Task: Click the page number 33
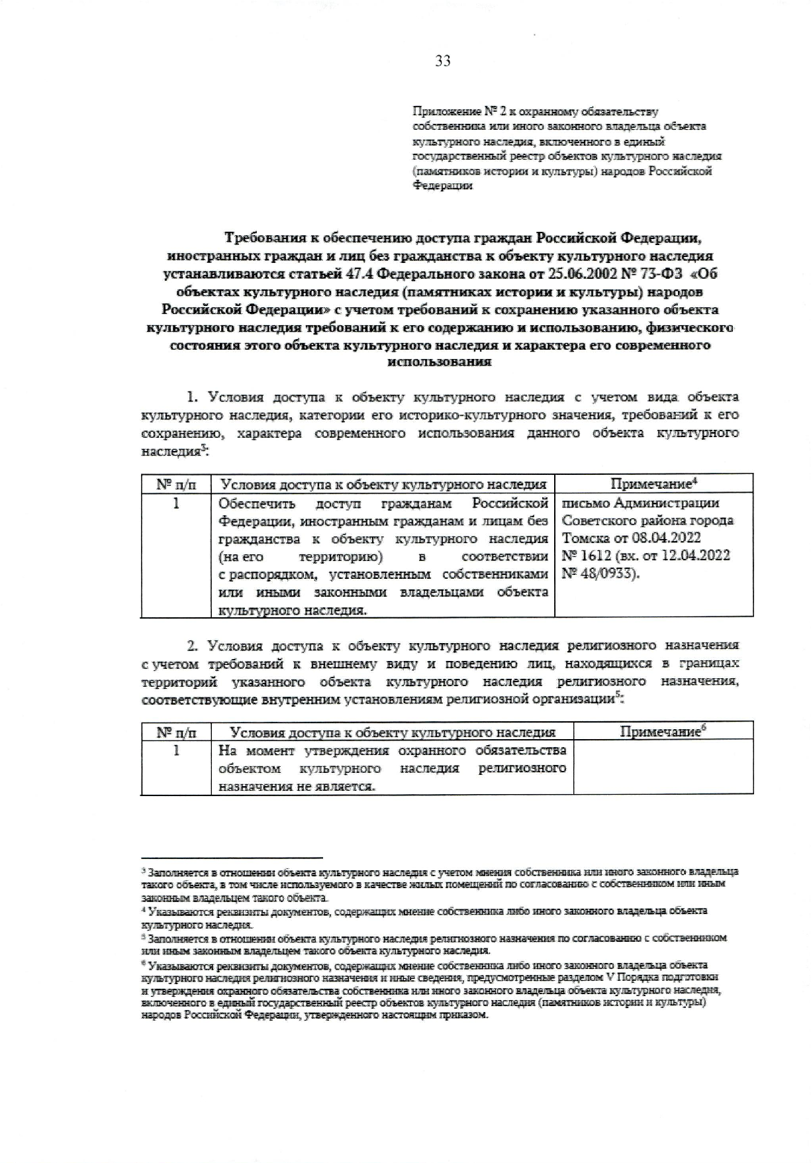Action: [x=443, y=61]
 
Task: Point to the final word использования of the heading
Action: [x=439, y=362]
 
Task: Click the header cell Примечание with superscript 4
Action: [x=653, y=483]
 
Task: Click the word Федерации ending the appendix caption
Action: [x=443, y=186]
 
